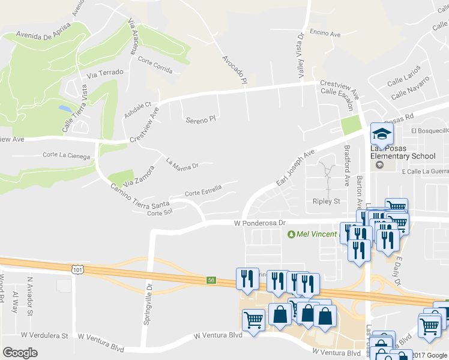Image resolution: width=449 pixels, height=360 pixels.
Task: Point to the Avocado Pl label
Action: (235, 69)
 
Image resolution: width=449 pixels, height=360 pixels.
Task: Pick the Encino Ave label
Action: (325, 33)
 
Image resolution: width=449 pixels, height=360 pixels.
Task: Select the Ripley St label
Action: (327, 202)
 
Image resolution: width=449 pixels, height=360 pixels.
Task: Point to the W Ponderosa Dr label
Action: (259, 223)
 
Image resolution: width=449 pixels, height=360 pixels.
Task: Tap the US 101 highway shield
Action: (77, 271)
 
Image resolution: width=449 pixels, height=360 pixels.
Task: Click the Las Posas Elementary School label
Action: (402, 152)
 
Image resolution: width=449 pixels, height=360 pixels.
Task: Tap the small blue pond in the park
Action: (64, 110)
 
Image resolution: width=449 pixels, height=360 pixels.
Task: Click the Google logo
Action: (20, 353)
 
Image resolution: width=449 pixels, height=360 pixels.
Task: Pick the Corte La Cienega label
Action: (66, 156)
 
